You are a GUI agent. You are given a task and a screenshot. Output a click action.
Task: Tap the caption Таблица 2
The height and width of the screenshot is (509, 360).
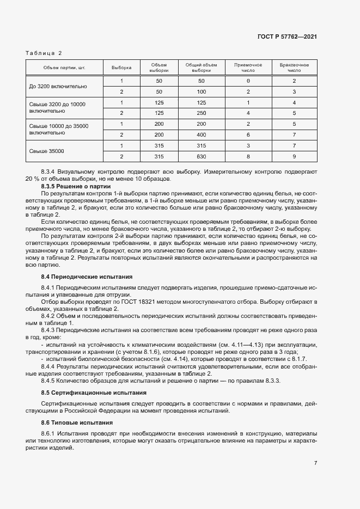pyautogui.click(x=44, y=53)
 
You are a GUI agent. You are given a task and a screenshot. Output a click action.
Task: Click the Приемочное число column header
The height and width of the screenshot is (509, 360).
pyautogui.click(x=248, y=68)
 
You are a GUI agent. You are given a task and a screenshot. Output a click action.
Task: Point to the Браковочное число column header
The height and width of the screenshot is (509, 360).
pyautogui.click(x=294, y=68)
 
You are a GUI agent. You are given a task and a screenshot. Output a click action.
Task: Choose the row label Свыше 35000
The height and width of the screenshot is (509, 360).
pyautogui.click(x=46, y=151)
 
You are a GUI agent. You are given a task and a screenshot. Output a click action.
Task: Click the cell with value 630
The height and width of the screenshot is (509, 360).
pyautogui.click(x=201, y=156)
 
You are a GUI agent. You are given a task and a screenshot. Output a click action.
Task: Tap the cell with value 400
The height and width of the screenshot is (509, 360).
pyautogui.click(x=201, y=134)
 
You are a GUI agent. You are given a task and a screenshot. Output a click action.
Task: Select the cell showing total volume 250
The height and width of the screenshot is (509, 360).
pyautogui.click(x=201, y=113)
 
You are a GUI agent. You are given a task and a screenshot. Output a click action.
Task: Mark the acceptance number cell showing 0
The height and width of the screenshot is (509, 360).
pyautogui.click(x=248, y=81)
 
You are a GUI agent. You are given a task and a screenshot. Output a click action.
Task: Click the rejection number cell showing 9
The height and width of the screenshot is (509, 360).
pyautogui.click(x=294, y=156)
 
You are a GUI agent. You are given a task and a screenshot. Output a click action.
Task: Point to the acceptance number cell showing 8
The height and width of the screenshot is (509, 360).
pyautogui.click(x=248, y=156)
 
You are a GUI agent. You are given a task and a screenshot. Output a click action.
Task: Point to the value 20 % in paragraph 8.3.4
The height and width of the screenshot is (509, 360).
pyautogui.click(x=32, y=179)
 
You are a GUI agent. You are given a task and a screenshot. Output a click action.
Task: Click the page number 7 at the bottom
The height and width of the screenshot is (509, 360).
pyautogui.click(x=316, y=463)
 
